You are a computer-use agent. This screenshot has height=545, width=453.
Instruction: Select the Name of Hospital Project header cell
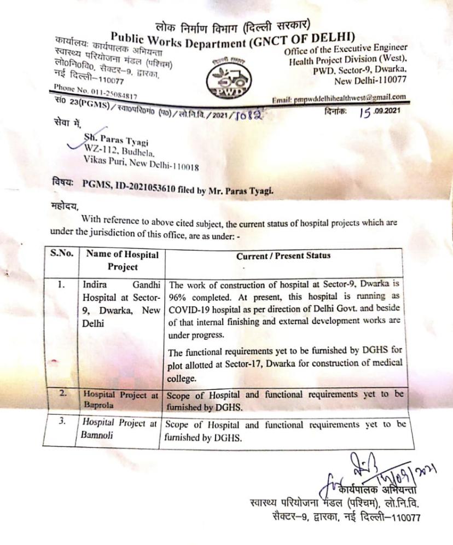(121, 261)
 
